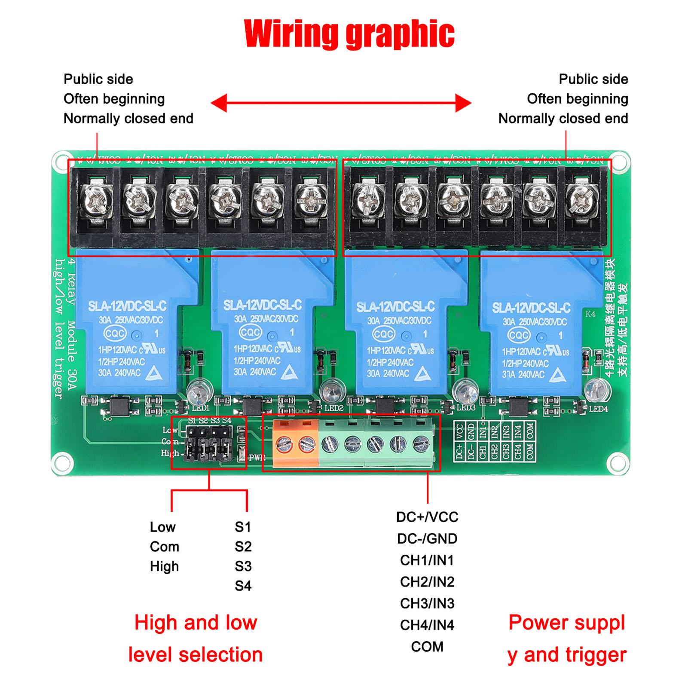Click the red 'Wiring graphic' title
pyautogui.click(x=349, y=34)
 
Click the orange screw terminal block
pyautogui.click(x=296, y=443)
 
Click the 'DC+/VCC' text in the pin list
pyautogui.click(x=427, y=517)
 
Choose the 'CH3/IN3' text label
pyautogui.click(x=427, y=603)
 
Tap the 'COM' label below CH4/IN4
pyautogui.click(x=427, y=647)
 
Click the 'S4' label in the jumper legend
pyautogui.click(x=243, y=586)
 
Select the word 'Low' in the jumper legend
pyautogui.click(x=162, y=527)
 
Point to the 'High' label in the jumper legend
pyautogui.click(x=164, y=566)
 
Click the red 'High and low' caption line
pyautogui.click(x=196, y=623)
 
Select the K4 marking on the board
pyautogui.click(x=590, y=314)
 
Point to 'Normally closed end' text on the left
pyautogui.click(x=128, y=119)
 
